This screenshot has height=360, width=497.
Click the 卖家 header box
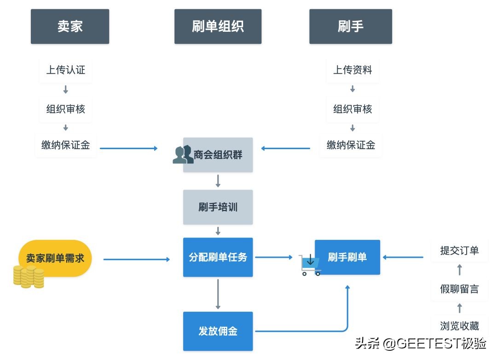click(x=70, y=27)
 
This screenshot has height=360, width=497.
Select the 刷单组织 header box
click(x=218, y=27)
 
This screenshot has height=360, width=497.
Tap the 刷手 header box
click(x=350, y=27)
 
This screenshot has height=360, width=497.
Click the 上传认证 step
click(x=65, y=70)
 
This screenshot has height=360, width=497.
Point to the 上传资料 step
click(x=353, y=70)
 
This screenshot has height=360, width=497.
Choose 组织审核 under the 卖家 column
click(x=65, y=109)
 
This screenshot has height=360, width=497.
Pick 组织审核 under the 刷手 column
click(x=353, y=109)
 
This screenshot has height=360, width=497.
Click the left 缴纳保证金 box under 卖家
click(x=65, y=145)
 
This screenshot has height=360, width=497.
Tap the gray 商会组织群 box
click(x=218, y=155)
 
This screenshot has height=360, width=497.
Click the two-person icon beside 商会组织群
click(x=183, y=155)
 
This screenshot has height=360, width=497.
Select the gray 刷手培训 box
click(x=218, y=207)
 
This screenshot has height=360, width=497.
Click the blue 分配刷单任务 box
click(x=218, y=257)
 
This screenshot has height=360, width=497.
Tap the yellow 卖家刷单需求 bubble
click(x=55, y=258)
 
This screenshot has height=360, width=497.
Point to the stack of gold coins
click(x=29, y=277)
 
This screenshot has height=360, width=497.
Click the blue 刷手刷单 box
click(x=347, y=257)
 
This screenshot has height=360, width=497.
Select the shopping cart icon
click(x=310, y=265)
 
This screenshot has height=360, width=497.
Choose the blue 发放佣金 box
click(x=218, y=331)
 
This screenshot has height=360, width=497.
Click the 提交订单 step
click(x=459, y=250)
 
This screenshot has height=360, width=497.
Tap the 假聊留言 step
click(x=459, y=289)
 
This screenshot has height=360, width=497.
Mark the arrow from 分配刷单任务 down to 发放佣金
click(x=218, y=294)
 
